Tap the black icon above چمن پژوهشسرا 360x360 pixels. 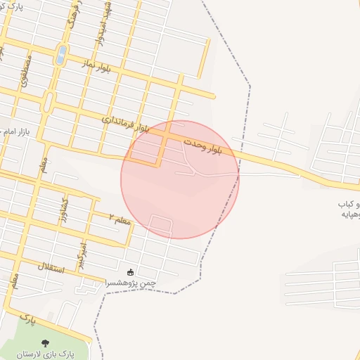click(130, 272)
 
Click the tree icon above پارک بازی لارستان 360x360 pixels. click(46, 344)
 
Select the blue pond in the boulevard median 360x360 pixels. click(61, 55)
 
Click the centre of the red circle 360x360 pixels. click(180, 179)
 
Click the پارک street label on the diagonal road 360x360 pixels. click(27, 321)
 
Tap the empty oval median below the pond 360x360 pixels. click(49, 103)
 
